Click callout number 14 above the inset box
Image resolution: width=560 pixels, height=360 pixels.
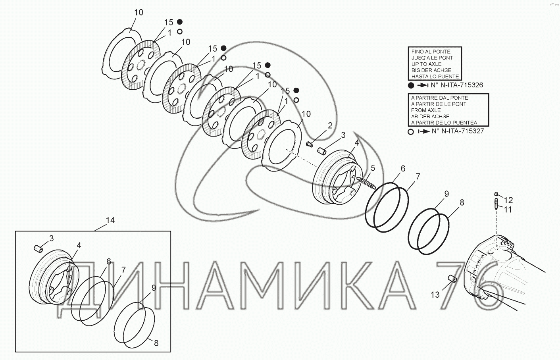(x=110, y=220)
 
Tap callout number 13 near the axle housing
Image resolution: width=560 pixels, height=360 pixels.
(x=435, y=295)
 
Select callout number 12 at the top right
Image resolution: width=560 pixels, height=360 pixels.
(x=508, y=200)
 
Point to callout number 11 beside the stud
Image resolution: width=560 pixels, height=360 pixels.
(x=508, y=210)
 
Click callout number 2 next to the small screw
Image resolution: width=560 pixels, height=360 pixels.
(x=329, y=126)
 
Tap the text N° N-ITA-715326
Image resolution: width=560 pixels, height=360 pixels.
(x=457, y=85)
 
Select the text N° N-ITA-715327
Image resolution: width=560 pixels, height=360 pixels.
(x=458, y=131)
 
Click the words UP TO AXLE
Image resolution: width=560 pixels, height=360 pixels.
(x=426, y=64)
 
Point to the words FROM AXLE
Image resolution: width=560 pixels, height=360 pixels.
(x=426, y=110)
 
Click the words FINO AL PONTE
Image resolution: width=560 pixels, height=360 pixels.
(x=431, y=52)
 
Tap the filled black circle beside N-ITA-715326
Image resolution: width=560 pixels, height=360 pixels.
(x=411, y=85)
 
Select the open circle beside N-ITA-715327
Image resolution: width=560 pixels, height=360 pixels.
(x=411, y=131)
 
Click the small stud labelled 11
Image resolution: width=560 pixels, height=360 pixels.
(x=496, y=205)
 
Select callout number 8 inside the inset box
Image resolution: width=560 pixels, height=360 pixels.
(x=156, y=343)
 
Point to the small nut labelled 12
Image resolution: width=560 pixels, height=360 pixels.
(x=496, y=194)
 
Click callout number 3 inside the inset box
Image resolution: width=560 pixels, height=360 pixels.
(x=51, y=239)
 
